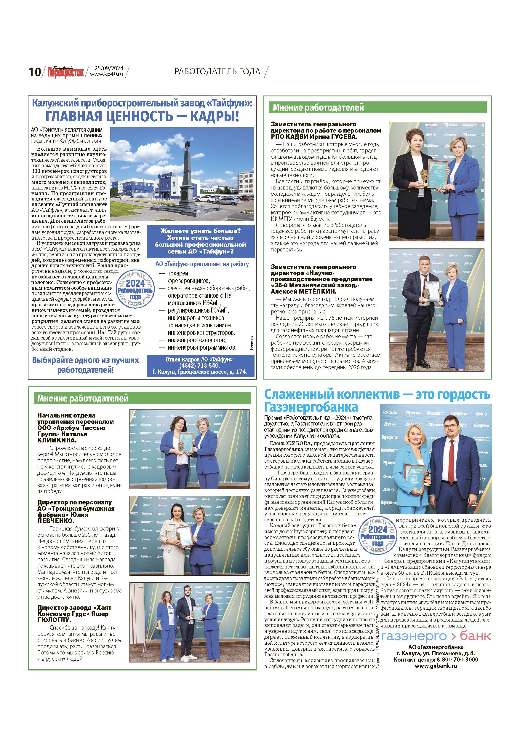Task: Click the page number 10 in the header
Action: coord(34,72)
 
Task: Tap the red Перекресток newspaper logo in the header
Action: coord(65,71)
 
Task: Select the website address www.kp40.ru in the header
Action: coord(107,74)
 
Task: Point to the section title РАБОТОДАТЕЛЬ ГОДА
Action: coord(217,71)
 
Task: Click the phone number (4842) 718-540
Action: coord(200,365)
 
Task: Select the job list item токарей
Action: coord(179,273)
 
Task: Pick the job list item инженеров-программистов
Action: coord(202,348)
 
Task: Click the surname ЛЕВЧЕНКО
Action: coord(56,521)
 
